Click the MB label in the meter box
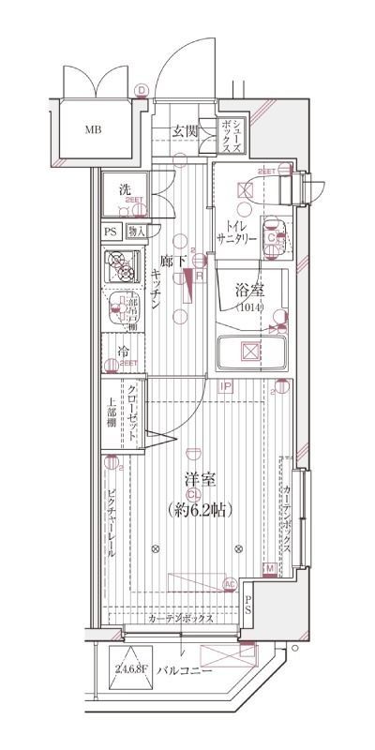93,128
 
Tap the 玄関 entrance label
186,130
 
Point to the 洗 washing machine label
125,189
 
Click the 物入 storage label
137,232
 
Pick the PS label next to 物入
111,232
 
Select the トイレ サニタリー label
241,231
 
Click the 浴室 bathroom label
249,292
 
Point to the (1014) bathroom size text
249,307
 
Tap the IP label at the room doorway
226,385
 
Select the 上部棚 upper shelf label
111,413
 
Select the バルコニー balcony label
184,671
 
